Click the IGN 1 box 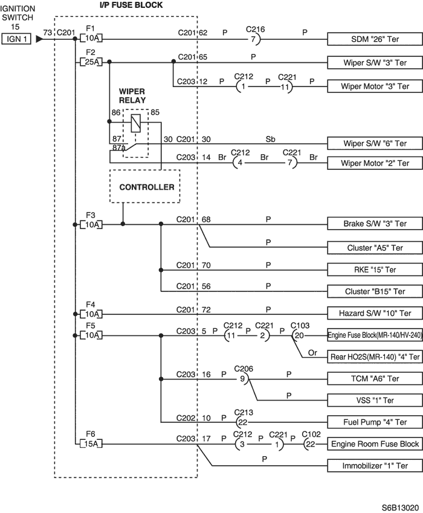point(16,39)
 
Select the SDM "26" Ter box point(375,39)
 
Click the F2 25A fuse point(91,62)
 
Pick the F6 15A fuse point(91,444)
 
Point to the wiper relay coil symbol point(136,123)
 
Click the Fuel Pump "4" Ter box point(375,422)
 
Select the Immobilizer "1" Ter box point(375,465)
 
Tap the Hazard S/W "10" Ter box point(375,314)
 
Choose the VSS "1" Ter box point(375,400)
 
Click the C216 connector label point(255,29)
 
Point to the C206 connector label point(244,369)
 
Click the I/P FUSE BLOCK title point(131,5)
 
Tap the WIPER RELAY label point(132,96)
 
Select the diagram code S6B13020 point(401,508)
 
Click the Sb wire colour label point(270,140)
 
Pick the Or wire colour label point(312,353)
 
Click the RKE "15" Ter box point(375,269)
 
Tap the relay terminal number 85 point(155,112)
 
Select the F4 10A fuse point(91,314)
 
